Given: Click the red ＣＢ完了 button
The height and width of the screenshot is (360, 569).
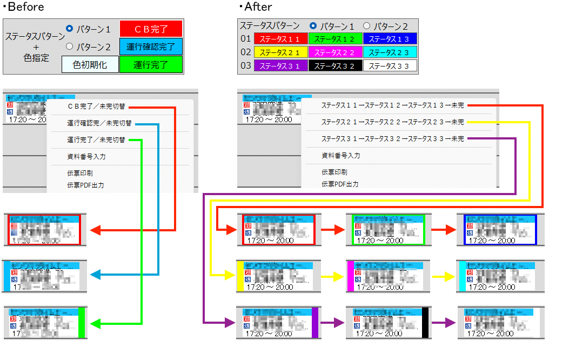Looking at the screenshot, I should pyautogui.click(x=151, y=29).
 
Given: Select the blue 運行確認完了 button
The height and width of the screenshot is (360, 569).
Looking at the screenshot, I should pyautogui.click(x=151, y=46).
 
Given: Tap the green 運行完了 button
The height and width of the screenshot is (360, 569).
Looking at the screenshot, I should pyautogui.click(x=151, y=65).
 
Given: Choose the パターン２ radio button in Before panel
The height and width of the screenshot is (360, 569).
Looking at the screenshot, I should pyautogui.click(x=69, y=46).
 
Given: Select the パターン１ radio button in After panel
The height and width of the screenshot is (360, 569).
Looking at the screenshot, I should pyautogui.click(x=313, y=25).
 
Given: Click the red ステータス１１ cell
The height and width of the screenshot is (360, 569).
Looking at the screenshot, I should pyautogui.click(x=281, y=39).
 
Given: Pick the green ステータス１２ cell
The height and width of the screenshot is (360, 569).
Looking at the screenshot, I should pyautogui.click(x=335, y=39).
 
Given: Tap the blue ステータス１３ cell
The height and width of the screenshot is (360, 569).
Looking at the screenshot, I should pyautogui.click(x=390, y=39).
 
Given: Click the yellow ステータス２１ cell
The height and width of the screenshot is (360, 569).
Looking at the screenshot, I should pyautogui.click(x=281, y=52).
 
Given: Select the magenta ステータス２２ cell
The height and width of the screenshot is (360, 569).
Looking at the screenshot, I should pyautogui.click(x=335, y=52).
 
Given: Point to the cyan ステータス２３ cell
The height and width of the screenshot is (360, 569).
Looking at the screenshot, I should pyautogui.click(x=390, y=52).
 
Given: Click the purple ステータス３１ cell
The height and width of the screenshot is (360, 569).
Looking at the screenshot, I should pyautogui.click(x=281, y=66).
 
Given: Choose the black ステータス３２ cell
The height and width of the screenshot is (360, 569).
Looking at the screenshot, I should pyautogui.click(x=335, y=66).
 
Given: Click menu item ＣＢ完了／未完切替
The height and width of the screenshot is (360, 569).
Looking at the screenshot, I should pyautogui.click(x=96, y=106).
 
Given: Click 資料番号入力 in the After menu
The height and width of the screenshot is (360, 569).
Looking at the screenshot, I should pyautogui.click(x=340, y=156).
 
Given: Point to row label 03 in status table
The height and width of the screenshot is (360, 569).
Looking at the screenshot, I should pyautogui.click(x=246, y=66).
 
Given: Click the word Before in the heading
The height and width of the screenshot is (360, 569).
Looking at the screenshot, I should pyautogui.click(x=26, y=7).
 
